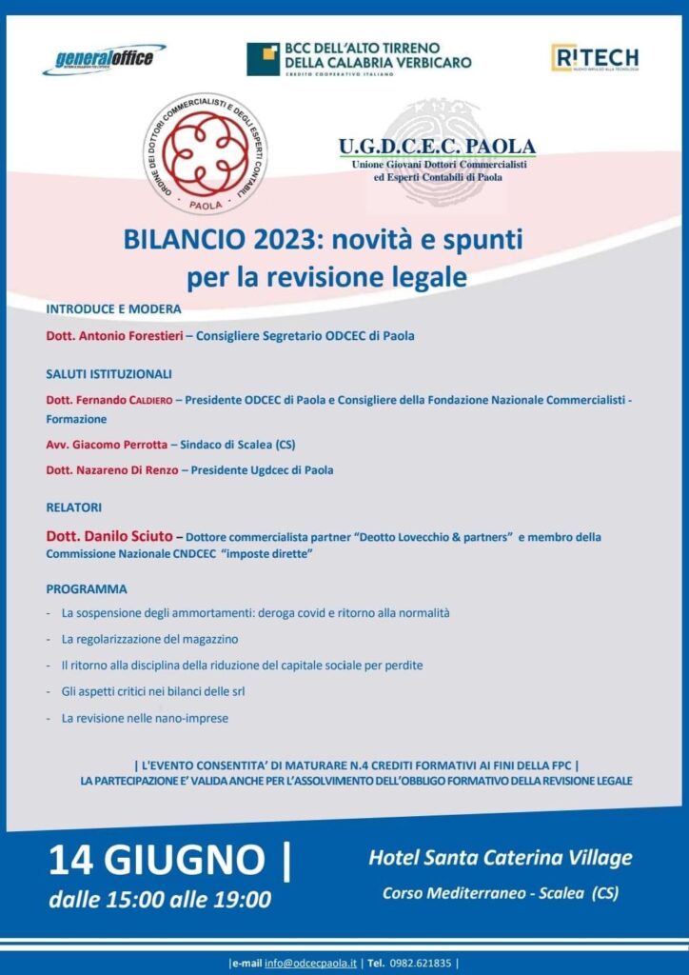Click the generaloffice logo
pyautogui.click(x=103, y=59)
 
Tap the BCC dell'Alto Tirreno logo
pyautogui.click(x=359, y=59)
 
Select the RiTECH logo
pyautogui.click(x=595, y=58)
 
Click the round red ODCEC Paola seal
pyautogui.click(x=200, y=152)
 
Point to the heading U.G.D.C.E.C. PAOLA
pyautogui.click(x=437, y=147)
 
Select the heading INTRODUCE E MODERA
pyautogui.click(x=113, y=309)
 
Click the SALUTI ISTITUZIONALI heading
pyautogui.click(x=108, y=374)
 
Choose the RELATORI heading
pyautogui.click(x=73, y=507)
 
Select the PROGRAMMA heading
pyautogui.click(x=86, y=588)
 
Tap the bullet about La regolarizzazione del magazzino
pyautogui.click(x=149, y=638)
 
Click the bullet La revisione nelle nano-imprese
pyautogui.click(x=145, y=717)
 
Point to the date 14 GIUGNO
pyautogui.click(x=159, y=859)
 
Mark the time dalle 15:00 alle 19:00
pyautogui.click(x=161, y=899)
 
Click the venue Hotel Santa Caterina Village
pyautogui.click(x=500, y=858)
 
